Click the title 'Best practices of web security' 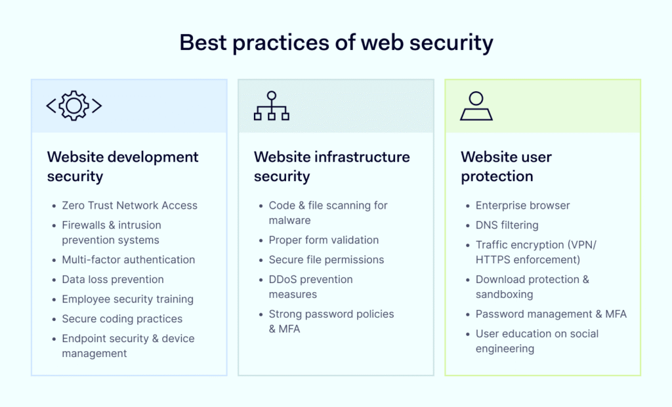coord(336,43)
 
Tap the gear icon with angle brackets coord(74,106)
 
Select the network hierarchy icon coord(271,106)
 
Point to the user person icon coord(476,106)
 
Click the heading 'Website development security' coord(123,166)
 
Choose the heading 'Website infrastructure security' coord(331,166)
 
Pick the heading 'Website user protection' coord(506,166)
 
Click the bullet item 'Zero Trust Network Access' coord(129,205)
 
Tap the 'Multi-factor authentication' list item coord(128,259)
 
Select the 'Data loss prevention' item coord(113,279)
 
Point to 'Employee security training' coord(128,299)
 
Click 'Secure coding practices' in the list coord(122,318)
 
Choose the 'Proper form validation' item coord(324,240)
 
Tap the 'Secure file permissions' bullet coord(326,260)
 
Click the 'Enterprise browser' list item coord(522,205)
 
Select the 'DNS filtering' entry coord(507,225)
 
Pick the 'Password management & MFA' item coord(551,314)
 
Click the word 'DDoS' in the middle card coord(283,279)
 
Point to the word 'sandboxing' coord(505,295)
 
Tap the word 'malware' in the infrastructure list coord(289,220)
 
